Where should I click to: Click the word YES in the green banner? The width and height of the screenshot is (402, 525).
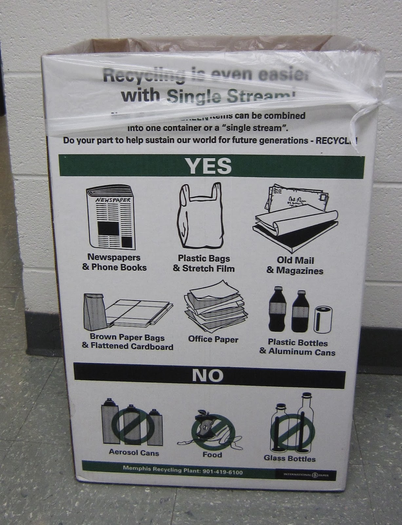point(209,166)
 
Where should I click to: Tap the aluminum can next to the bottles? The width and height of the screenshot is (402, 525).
point(321,319)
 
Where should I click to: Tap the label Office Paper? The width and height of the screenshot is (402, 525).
point(213,339)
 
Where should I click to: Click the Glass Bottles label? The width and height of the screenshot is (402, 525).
point(290,458)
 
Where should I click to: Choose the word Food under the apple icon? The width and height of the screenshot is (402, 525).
point(212,455)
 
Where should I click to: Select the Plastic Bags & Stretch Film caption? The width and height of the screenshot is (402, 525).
point(204,264)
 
